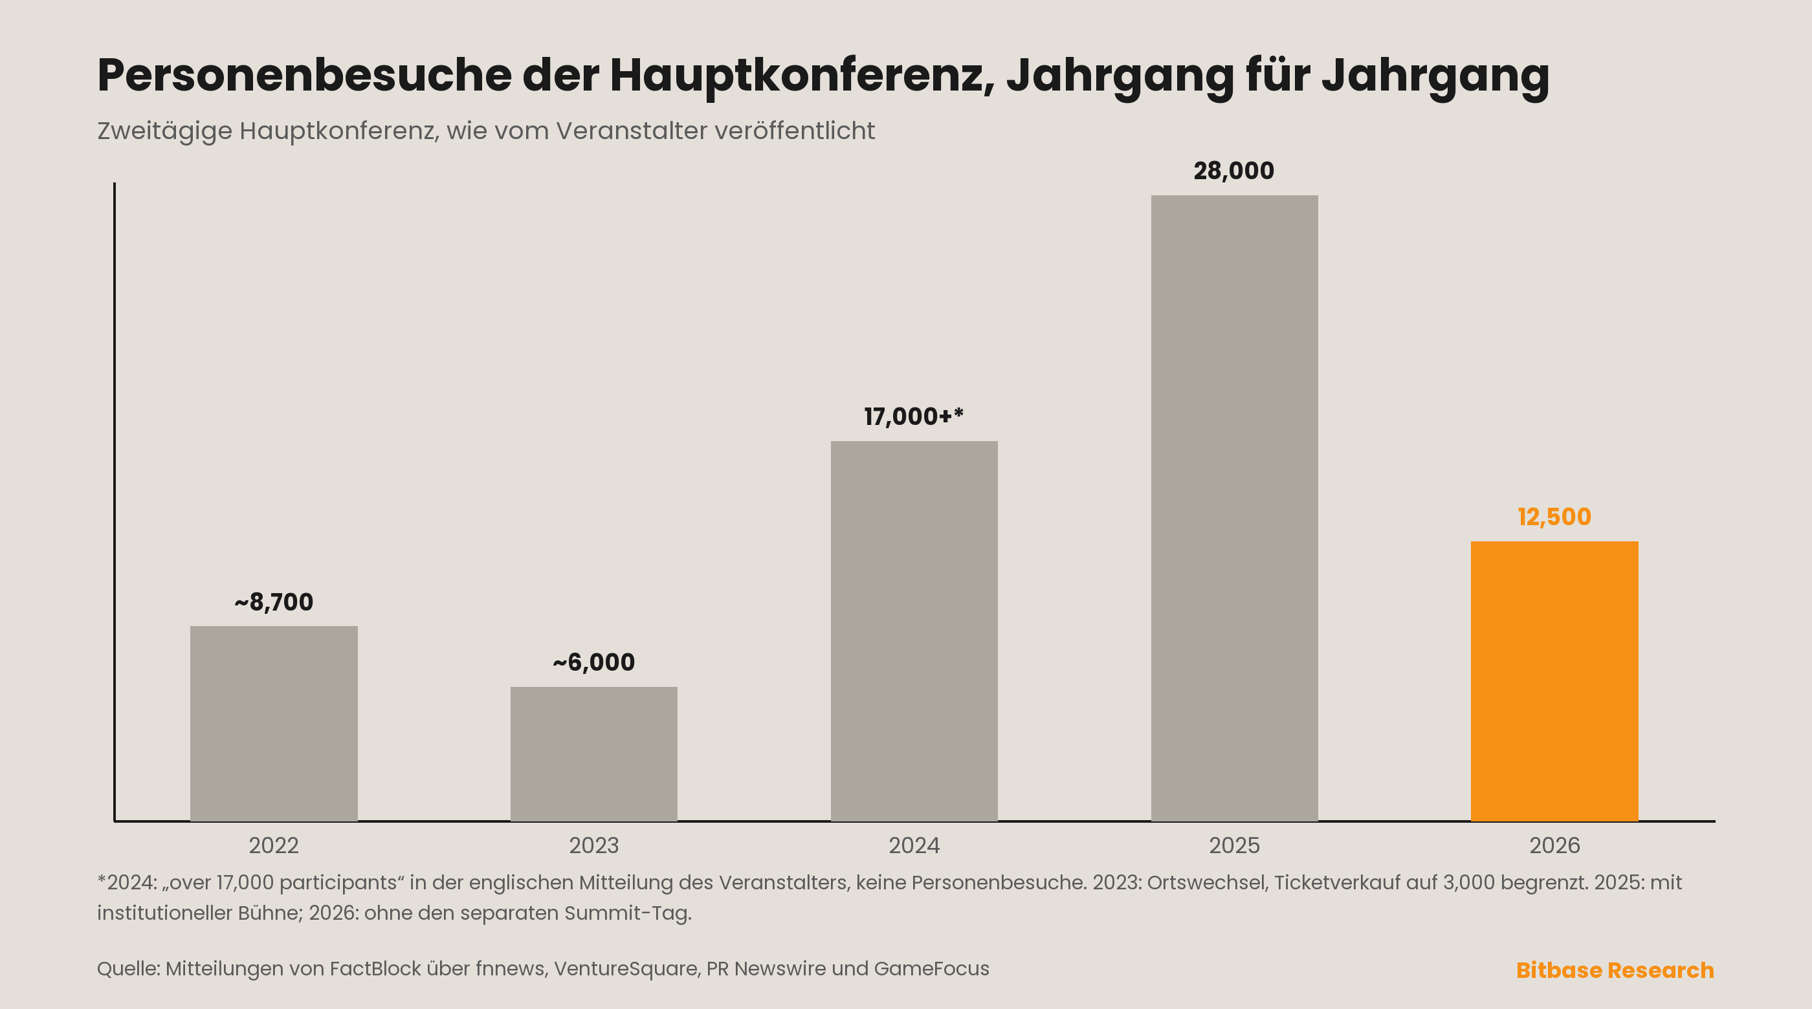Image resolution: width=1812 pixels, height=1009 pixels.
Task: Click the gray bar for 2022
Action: point(274,723)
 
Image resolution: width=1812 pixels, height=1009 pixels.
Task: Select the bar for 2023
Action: point(593,753)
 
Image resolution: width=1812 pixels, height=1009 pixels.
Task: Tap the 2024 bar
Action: point(914,631)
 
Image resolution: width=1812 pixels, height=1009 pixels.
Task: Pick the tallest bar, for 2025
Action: point(1235,508)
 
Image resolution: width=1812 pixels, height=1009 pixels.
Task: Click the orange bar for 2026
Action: point(1554,680)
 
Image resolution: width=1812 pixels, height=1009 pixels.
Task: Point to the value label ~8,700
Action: point(274,602)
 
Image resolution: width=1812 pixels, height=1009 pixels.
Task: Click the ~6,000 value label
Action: point(593,662)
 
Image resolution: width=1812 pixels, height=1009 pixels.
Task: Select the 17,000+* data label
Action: point(914,417)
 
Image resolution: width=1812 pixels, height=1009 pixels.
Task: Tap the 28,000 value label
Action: point(1234,171)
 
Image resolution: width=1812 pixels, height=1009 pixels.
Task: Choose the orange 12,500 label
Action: point(1554,517)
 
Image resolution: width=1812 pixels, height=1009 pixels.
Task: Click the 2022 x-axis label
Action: point(274,845)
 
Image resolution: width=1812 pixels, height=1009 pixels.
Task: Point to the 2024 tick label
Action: point(914,845)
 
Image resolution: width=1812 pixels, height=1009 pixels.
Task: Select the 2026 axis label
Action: point(1554,845)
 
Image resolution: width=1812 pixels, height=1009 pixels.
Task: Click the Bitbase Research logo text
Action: point(1615,970)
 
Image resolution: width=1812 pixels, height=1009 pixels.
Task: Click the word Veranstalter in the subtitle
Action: point(632,131)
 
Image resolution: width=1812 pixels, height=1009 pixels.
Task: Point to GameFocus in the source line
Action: point(931,969)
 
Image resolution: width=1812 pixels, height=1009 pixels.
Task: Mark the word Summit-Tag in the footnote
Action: point(628,913)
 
